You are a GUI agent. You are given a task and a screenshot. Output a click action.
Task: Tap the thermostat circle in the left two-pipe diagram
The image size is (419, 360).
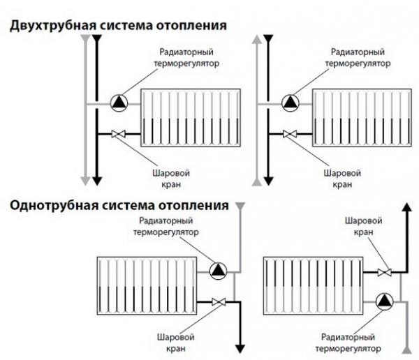[119, 103]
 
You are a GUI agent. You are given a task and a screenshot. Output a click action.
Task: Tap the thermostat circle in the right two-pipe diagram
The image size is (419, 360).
[290, 103]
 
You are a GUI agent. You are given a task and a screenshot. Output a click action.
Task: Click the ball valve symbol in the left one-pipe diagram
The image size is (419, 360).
[219, 301]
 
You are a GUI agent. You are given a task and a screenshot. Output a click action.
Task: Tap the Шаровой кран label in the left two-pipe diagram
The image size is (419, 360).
[171, 179]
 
